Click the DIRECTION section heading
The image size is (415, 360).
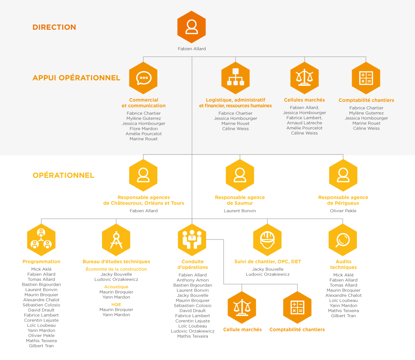pyautogui.click(x=54, y=27)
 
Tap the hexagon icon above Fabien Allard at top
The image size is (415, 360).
pyautogui.click(x=192, y=27)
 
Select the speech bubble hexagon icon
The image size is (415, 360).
pyautogui.click(x=143, y=78)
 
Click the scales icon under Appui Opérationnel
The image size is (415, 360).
pyautogui.click(x=304, y=78)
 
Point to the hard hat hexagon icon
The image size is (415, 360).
pyautogui.click(x=267, y=240)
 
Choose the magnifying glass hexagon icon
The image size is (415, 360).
pyautogui.click(x=343, y=240)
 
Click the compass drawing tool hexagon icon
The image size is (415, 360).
pyautogui.click(x=116, y=240)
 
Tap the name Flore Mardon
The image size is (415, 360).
pyautogui.click(x=144, y=129)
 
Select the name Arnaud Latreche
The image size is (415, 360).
pyautogui.click(x=304, y=123)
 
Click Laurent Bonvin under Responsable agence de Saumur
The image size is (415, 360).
pyautogui.click(x=240, y=211)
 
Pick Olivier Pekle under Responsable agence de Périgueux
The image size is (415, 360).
pyautogui.click(x=343, y=211)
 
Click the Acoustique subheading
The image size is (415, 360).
pyautogui.click(x=116, y=287)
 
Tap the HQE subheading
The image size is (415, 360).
pyautogui.click(x=116, y=304)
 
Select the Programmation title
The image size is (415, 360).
pyautogui.click(x=41, y=262)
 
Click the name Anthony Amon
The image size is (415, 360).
pyautogui.click(x=193, y=280)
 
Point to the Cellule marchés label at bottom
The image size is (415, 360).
pyautogui.click(x=242, y=329)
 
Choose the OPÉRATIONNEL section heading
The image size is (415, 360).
pyautogui.click(x=63, y=175)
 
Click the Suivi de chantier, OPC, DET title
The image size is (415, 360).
pyautogui.click(x=268, y=262)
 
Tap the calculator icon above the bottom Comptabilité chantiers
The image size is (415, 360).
pyautogui.click(x=297, y=307)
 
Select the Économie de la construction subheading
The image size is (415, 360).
pyautogui.click(x=116, y=269)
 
